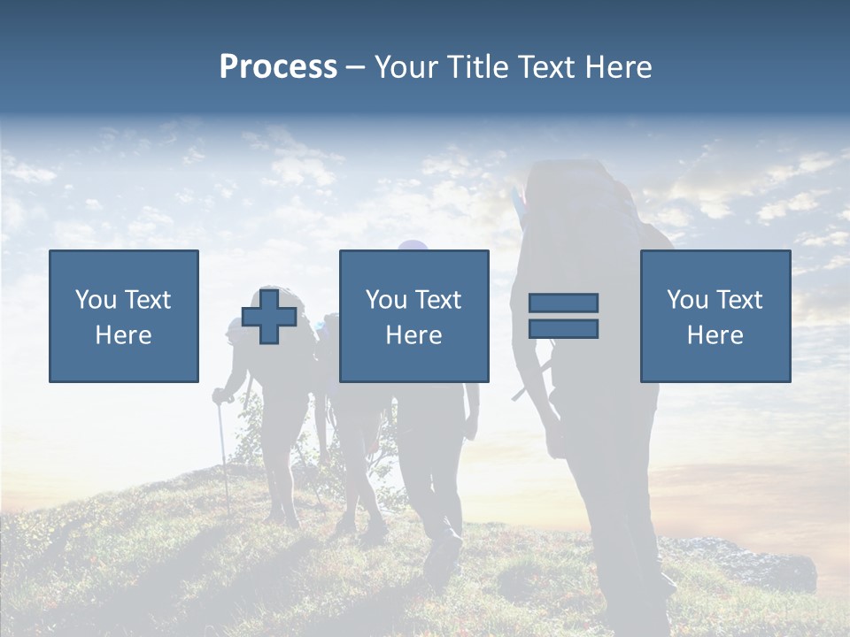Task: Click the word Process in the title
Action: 278,67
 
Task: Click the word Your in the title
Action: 408,67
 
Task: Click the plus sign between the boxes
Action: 269,317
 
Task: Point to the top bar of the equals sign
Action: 563,303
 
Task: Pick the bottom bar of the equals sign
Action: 563,329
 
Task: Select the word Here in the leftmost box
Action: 123,335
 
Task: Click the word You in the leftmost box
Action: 95,300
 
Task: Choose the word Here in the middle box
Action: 413,335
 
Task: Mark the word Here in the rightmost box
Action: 715,335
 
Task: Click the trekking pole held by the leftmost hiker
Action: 223,460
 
